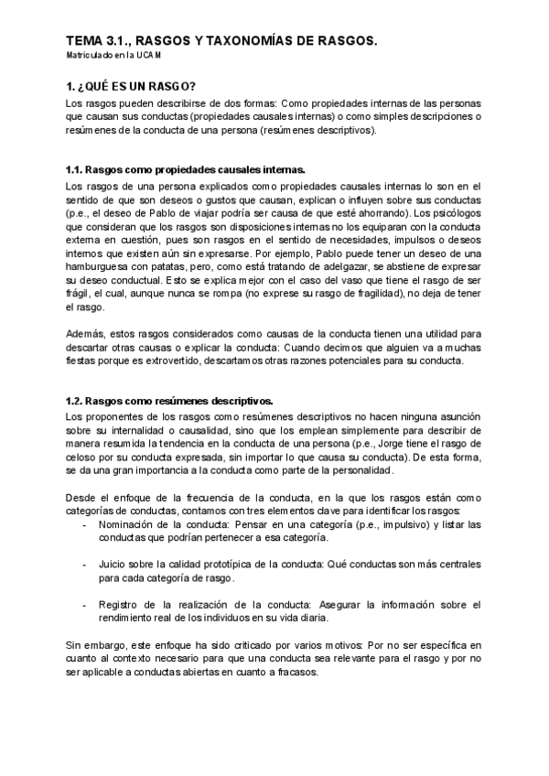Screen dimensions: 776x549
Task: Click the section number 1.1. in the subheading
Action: tap(80, 170)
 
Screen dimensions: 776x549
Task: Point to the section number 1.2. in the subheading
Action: tap(80, 401)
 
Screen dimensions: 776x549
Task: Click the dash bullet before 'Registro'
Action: tap(85, 606)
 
